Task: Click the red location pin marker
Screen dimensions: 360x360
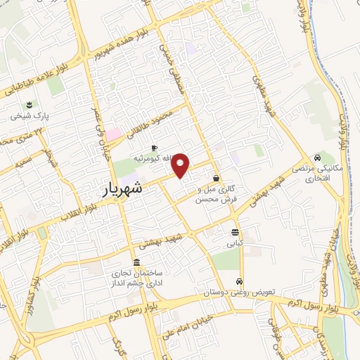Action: (181, 165)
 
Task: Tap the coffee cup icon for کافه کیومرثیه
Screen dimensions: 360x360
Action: (154, 147)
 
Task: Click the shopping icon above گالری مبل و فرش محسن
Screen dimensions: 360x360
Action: (215, 178)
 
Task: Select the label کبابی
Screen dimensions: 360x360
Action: (234, 245)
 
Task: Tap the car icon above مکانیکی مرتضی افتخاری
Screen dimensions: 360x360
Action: (319, 157)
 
